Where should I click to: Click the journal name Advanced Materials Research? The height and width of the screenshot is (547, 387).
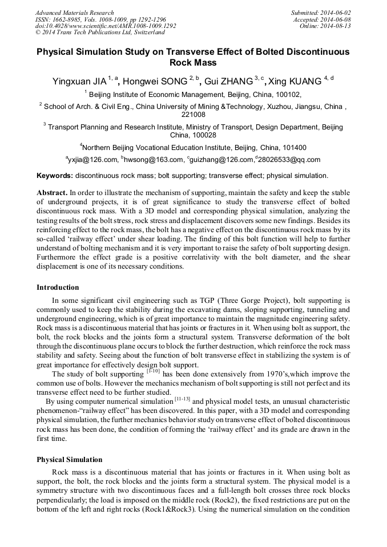pyautogui.click(x=74, y=13)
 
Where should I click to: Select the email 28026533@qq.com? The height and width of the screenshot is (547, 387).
pyautogui.click(x=289, y=160)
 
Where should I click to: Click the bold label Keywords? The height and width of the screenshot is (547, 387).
pyautogui.click(x=55, y=176)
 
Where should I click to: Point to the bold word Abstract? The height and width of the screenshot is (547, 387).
pyautogui.click(x=53, y=193)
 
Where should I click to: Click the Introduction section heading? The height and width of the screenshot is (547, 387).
pyautogui.click(x=58, y=287)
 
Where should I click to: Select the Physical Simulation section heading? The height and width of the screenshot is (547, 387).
pyautogui.click(x=69, y=460)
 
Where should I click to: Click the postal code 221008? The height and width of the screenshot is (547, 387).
pyautogui.click(x=193, y=115)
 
